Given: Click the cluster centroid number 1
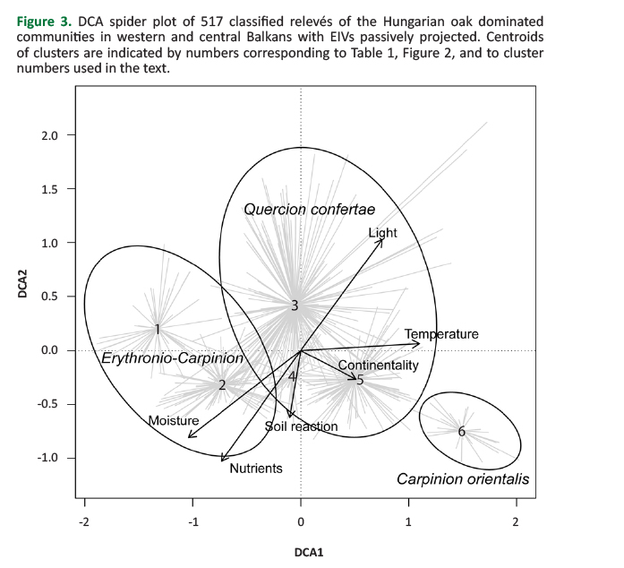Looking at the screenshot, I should pyautogui.click(x=157, y=329).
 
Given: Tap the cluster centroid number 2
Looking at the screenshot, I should pyautogui.click(x=222, y=384).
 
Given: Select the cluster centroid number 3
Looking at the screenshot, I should pyautogui.click(x=294, y=306).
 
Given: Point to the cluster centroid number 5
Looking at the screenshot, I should pyautogui.click(x=360, y=380).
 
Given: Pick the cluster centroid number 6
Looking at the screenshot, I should pyautogui.click(x=462, y=432).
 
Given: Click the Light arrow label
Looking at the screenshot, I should pyautogui.click(x=382, y=233).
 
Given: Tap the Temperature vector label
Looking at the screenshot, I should pyautogui.click(x=441, y=334).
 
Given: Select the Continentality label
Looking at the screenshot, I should pyautogui.click(x=378, y=366).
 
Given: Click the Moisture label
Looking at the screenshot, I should pyautogui.click(x=174, y=420).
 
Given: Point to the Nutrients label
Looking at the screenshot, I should pyautogui.click(x=256, y=468).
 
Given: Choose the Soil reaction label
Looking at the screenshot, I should pyautogui.click(x=302, y=426).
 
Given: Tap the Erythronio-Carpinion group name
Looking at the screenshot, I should pyautogui.click(x=173, y=357).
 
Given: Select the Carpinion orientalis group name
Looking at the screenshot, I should pyautogui.click(x=463, y=479).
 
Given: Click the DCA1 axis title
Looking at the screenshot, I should pyautogui.click(x=308, y=552).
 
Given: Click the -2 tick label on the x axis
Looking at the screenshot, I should pyautogui.click(x=84, y=522).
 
